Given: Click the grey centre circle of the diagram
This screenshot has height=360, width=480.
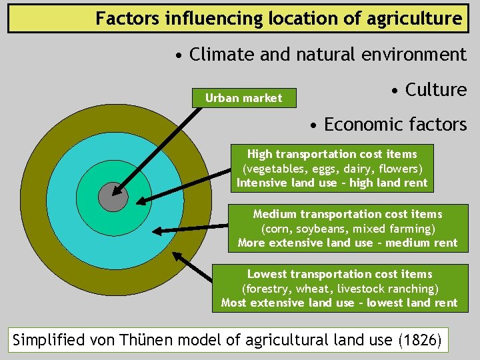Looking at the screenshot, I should click(111, 197).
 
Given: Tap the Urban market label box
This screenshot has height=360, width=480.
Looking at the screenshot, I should click(243, 98).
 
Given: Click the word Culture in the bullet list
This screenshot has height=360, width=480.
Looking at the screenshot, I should click(436, 90).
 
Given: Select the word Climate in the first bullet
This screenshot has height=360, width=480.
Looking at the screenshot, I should click(222, 55).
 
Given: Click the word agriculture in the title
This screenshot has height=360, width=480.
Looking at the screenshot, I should click(413, 18).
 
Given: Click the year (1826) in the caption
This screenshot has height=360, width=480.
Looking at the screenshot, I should click(419, 340).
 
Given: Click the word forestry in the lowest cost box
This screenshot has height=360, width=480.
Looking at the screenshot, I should click(267, 289).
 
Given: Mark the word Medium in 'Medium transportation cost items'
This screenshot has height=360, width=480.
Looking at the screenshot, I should click(274, 214).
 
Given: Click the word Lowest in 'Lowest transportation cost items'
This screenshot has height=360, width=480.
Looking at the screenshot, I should click(265, 274).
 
